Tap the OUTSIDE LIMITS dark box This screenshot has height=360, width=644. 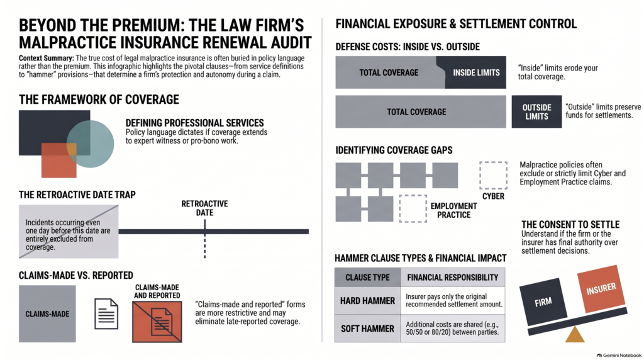point(536,112)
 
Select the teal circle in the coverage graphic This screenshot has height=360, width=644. point(91,144)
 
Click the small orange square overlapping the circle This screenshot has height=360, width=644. point(58,160)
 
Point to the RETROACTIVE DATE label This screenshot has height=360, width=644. point(204,208)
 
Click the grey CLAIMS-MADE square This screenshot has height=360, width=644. point(47,314)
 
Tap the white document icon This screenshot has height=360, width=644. point(106,314)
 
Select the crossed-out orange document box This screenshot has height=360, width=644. point(157,322)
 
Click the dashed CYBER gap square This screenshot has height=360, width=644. point(493,176)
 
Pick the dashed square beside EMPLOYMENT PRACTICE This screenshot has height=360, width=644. point(413,209)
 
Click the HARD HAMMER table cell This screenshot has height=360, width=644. point(367,301)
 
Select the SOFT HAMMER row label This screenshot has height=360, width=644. point(367,329)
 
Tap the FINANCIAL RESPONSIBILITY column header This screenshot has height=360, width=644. point(453,278)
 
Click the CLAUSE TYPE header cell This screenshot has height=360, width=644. point(367,278)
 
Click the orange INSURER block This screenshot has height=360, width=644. point(601,289)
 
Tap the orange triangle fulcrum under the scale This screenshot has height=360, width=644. point(575,335)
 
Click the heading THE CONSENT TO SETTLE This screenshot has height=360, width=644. point(570,225)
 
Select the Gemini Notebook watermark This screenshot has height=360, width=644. point(619,355)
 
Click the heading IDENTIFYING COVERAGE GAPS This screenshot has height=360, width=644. point(394,150)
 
